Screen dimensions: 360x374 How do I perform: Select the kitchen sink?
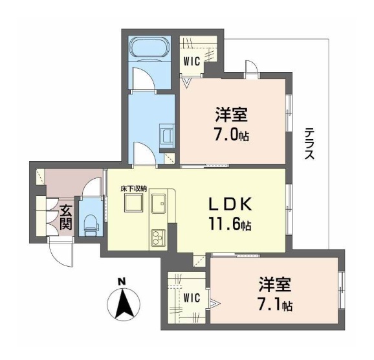(159, 205)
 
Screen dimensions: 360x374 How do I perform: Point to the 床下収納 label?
(133, 188)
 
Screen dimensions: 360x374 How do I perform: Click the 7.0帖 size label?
(232, 135)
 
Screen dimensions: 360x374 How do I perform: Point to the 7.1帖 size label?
(274, 304)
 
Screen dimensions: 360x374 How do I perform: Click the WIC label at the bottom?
(192, 298)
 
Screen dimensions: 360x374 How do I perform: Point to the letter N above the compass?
(120, 282)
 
